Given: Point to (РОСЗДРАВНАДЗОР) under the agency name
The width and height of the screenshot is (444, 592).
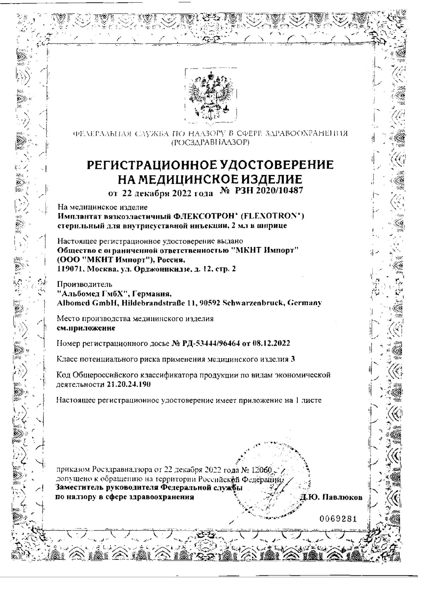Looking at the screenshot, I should point(210,143).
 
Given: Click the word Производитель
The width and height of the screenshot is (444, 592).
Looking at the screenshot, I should point(84,284).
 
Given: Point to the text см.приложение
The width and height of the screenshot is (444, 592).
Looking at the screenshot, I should point(86,328).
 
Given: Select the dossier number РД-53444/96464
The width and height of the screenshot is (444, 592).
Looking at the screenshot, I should point(210,343).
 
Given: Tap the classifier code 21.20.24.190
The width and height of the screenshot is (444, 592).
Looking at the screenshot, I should point(128,385).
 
